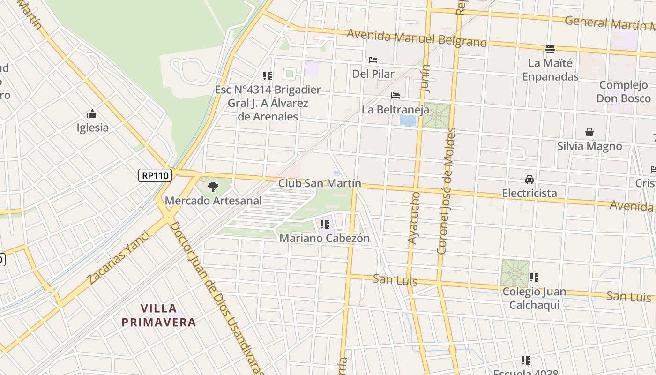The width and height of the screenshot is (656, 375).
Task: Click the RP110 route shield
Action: [x=156, y=175]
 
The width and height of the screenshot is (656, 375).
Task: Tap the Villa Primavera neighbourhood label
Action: [x=159, y=315]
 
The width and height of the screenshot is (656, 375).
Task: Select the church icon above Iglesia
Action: [x=92, y=114]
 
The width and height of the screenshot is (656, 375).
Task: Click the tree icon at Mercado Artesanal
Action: [x=213, y=187]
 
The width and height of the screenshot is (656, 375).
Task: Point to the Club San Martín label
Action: [x=320, y=183]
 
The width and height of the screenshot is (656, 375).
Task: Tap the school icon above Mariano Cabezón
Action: [x=324, y=225]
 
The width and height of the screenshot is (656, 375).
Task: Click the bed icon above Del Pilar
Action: [x=373, y=60]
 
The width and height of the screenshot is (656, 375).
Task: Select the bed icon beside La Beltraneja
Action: [x=395, y=96]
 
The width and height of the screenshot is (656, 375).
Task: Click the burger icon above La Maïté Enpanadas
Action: [x=550, y=49]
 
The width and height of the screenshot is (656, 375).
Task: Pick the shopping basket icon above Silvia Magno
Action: [x=589, y=133]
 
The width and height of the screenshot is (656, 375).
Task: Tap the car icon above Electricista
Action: [x=529, y=180]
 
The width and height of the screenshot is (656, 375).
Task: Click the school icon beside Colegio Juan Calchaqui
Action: [x=534, y=277]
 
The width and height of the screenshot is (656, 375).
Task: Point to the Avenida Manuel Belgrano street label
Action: [x=417, y=38]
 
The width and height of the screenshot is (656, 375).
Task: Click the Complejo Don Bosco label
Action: [x=624, y=91]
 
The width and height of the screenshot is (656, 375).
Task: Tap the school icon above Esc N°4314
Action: [x=268, y=75]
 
